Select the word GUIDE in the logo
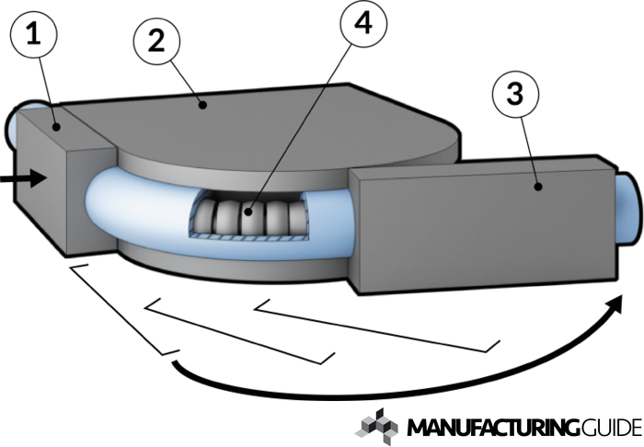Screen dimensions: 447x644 pyautogui.click(x=611, y=429)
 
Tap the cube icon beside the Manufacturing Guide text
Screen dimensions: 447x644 pyautogui.click(x=378, y=425)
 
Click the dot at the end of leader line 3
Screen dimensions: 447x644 pyautogui.click(x=536, y=188)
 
